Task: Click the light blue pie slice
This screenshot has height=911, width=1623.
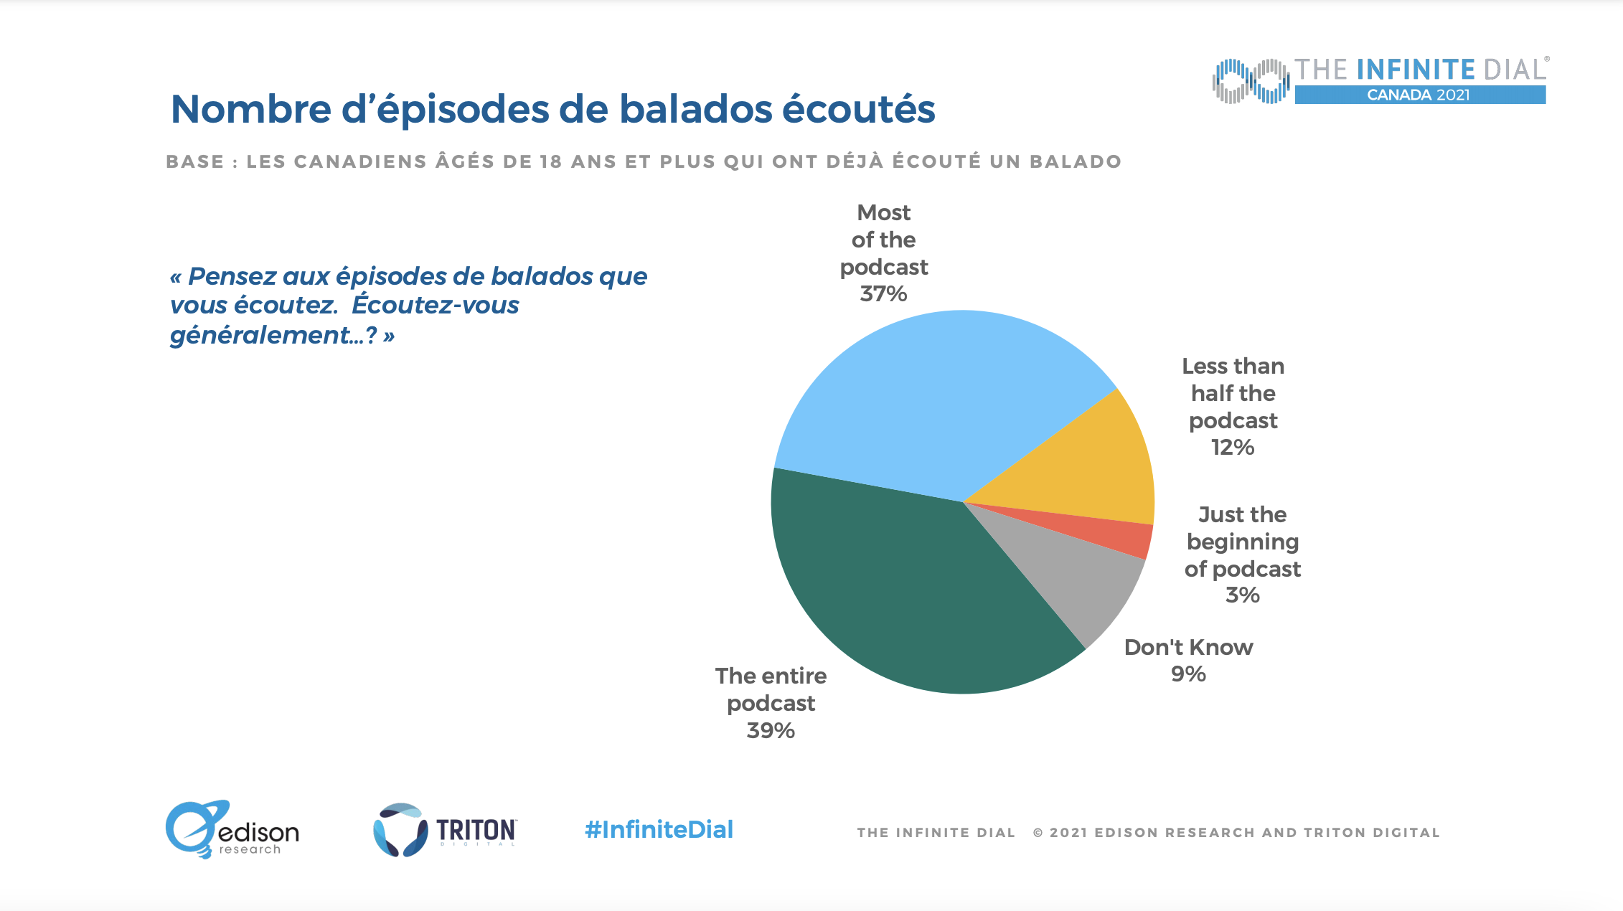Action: point(933,402)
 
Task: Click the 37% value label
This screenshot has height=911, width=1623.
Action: point(883,294)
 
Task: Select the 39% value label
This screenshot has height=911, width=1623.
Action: point(771,731)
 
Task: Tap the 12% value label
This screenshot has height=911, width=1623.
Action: point(1233,448)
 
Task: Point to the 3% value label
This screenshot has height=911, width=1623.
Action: point(1242,595)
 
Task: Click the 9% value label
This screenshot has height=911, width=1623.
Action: point(1188,674)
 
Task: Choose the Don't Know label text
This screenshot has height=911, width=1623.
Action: point(1188,647)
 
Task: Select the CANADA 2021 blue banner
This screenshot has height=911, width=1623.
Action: point(1419,95)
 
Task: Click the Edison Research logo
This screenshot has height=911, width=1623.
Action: point(232,830)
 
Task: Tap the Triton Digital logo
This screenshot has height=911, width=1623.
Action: point(445,830)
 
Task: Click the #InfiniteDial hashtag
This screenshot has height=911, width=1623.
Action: point(659,830)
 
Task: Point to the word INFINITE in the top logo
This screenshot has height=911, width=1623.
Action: point(1416,70)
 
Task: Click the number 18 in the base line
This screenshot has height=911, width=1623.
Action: point(551,162)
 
